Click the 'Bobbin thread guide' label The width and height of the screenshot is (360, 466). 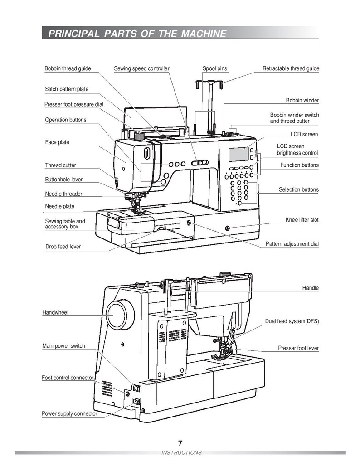(x=68, y=69)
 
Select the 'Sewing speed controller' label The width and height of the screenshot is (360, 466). (x=141, y=69)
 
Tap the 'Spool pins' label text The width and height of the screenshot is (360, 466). (x=215, y=69)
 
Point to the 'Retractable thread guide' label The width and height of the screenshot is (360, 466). (x=291, y=69)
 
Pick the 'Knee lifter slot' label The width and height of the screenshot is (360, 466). (x=302, y=220)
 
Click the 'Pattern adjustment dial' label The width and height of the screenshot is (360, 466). (x=292, y=244)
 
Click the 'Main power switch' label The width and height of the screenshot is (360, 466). (x=63, y=346)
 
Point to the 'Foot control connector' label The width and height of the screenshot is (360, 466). (x=68, y=378)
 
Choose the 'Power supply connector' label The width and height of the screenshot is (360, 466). (x=69, y=413)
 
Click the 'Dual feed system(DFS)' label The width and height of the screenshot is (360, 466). (x=292, y=321)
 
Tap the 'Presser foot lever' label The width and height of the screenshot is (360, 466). (x=298, y=348)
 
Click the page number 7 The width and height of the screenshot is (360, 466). (x=180, y=443)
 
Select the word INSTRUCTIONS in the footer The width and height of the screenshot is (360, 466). (x=181, y=453)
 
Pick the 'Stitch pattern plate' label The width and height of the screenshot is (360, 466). (x=67, y=89)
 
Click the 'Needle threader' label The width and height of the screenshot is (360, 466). (x=63, y=194)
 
